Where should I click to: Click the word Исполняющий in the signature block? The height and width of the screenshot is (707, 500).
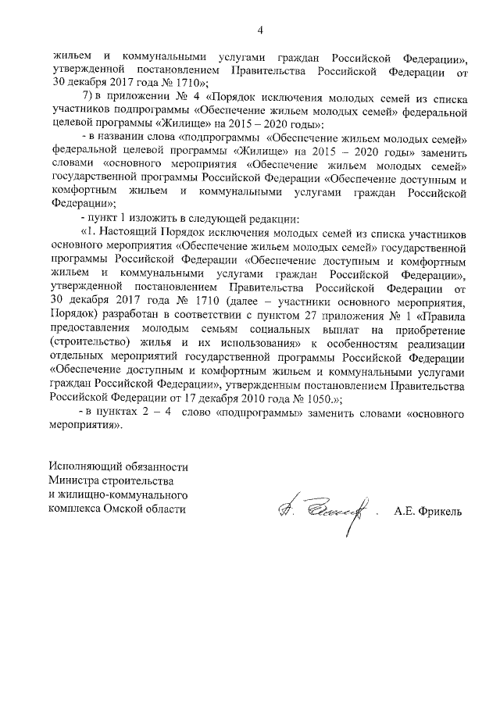(87, 466)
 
